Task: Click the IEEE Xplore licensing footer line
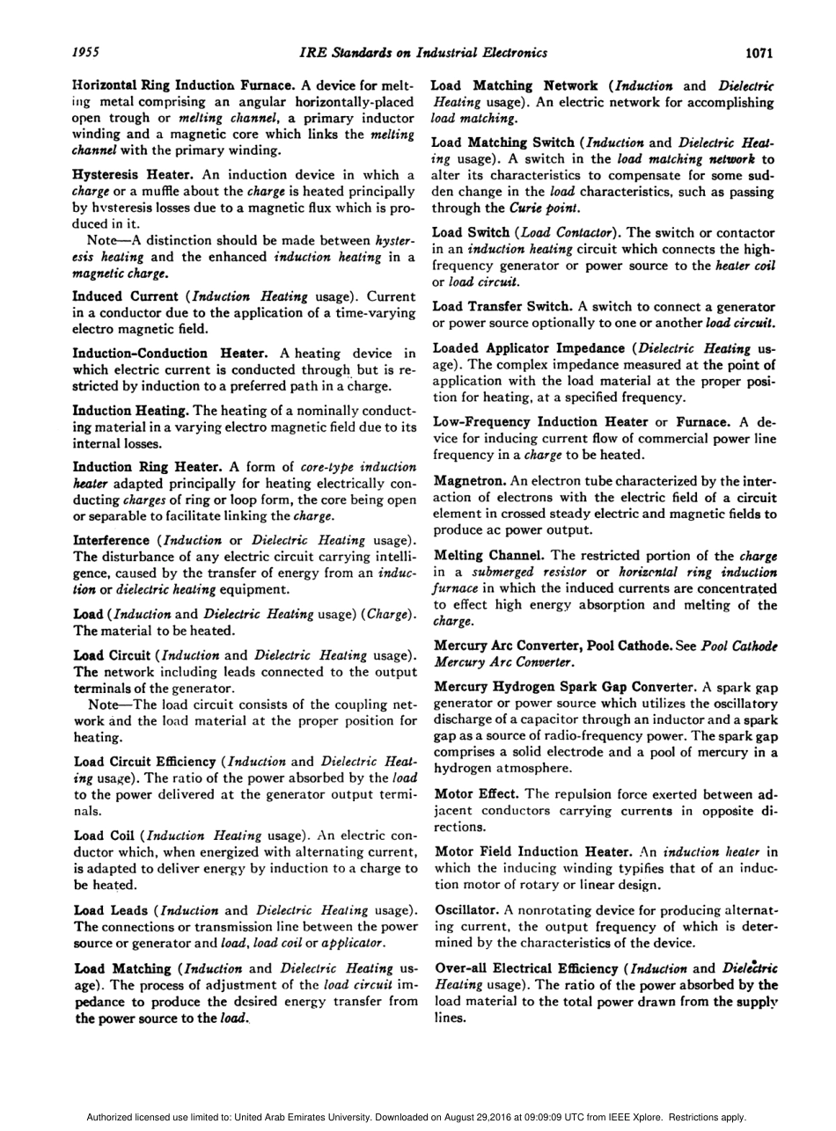click(x=417, y=1117)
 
